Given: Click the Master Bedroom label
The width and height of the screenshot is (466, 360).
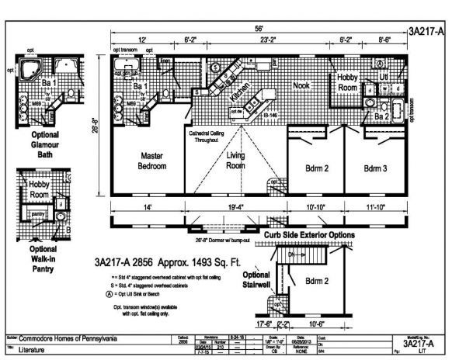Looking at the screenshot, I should click(x=153, y=161).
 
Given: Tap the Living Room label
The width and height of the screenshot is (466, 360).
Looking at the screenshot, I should click(x=235, y=161).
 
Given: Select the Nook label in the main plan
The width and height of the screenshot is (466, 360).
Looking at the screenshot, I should click(x=301, y=87).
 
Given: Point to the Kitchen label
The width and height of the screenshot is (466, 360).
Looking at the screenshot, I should click(x=241, y=94).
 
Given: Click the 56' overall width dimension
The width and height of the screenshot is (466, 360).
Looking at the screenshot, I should click(x=256, y=29).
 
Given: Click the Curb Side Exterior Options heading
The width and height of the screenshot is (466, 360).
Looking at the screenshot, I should click(x=309, y=234).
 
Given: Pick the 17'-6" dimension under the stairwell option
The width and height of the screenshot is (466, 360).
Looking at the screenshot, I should click(x=264, y=324).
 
